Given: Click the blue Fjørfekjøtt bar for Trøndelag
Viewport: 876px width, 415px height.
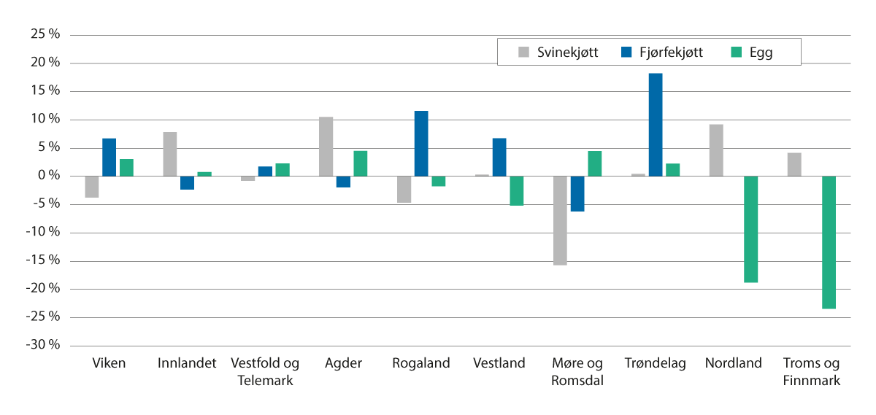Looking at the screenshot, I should (x=655, y=125).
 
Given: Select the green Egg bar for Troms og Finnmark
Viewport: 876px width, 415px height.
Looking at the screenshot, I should (x=829, y=242).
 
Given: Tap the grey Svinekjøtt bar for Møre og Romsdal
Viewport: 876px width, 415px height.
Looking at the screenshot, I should (x=560, y=220).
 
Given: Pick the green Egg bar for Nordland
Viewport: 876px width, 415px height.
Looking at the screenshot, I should (x=750, y=229).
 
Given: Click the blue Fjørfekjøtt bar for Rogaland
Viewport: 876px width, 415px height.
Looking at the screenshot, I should (x=421, y=144).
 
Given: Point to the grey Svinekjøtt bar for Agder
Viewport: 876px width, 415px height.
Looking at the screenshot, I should (x=326, y=147).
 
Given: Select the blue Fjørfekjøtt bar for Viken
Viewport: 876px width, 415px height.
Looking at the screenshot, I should (x=109, y=158).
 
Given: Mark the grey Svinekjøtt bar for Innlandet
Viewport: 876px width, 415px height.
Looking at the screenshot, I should (x=170, y=154).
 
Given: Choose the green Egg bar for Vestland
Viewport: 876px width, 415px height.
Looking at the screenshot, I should (x=517, y=190).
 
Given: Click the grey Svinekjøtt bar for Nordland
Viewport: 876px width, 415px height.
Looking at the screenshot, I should (x=716, y=150).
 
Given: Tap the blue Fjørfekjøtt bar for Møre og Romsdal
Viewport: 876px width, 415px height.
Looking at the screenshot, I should (x=577, y=193).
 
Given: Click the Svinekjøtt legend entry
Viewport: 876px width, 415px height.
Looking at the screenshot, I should (x=558, y=53).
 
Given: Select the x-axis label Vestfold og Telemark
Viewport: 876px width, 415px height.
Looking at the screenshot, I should (x=265, y=372).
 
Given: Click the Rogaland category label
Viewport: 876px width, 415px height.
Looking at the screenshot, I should (x=421, y=363).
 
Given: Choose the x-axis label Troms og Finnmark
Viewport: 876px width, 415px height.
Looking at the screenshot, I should (x=811, y=372).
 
